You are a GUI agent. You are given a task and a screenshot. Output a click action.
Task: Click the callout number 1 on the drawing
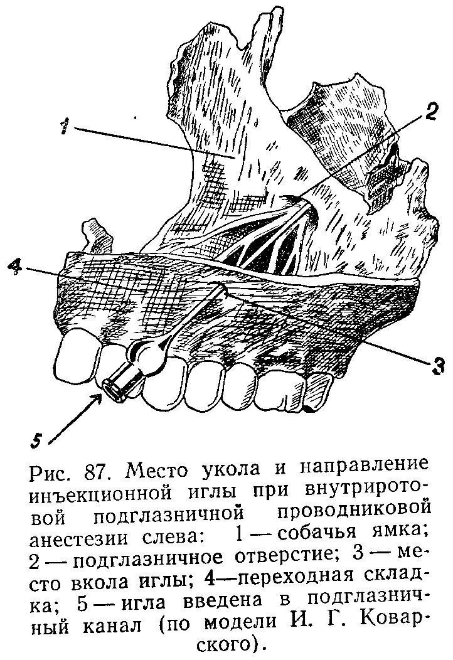(x=64, y=127)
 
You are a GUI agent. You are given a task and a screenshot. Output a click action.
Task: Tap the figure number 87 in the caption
(x=100, y=471)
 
